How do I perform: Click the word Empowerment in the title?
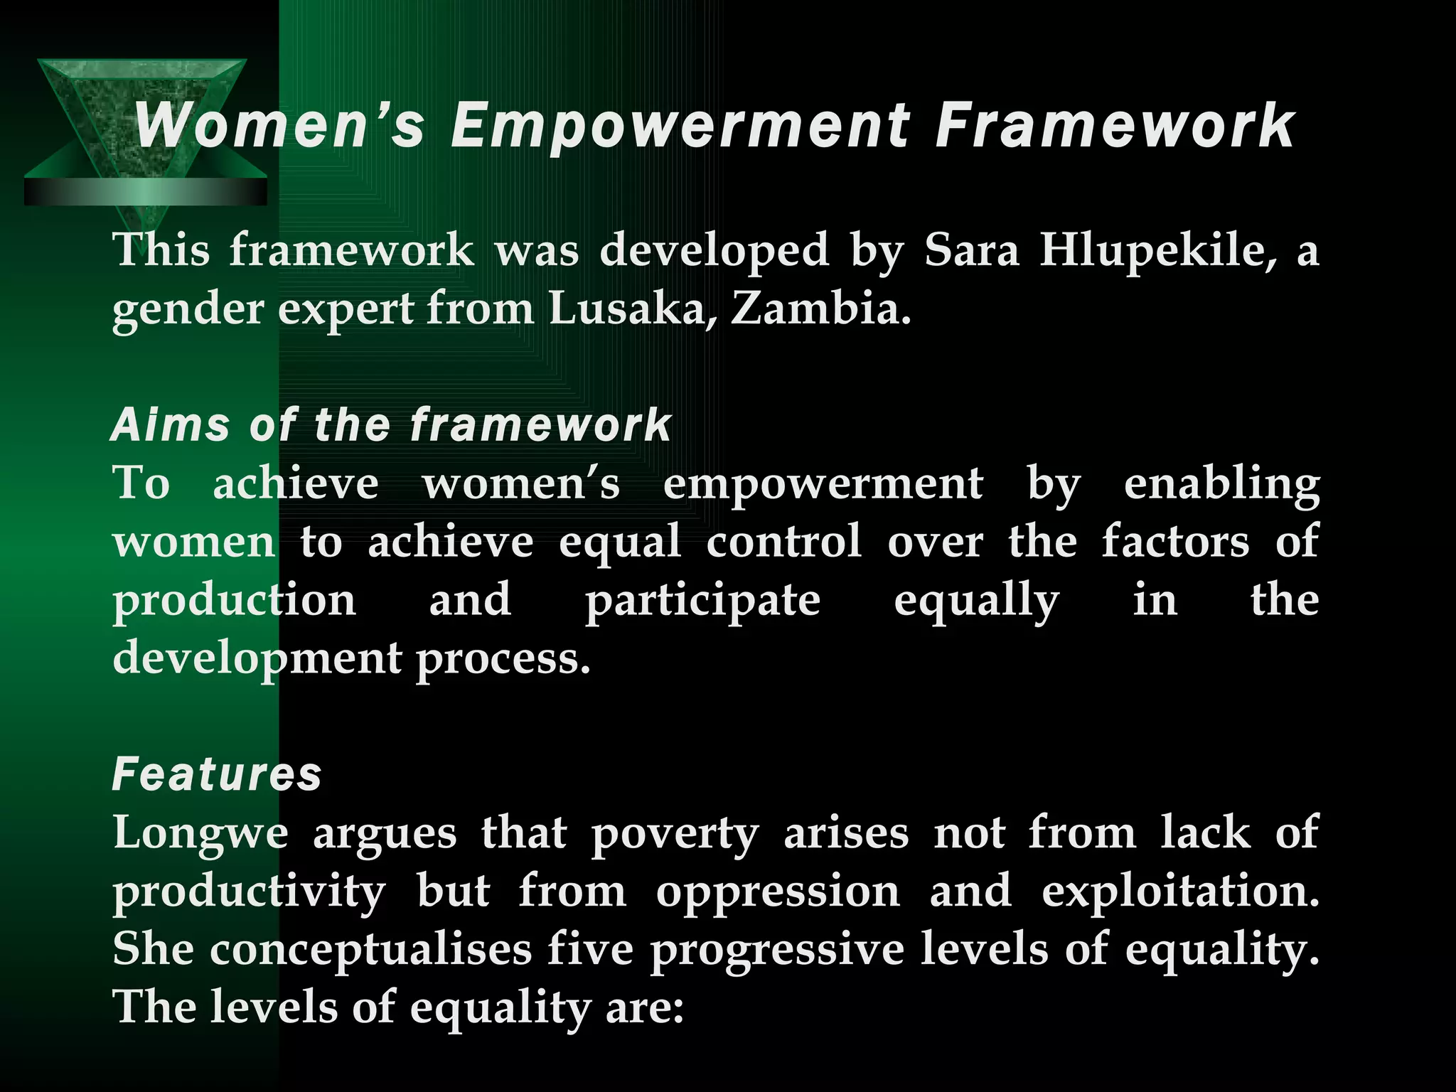click(x=680, y=127)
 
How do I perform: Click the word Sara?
click(x=971, y=251)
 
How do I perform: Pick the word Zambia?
click(x=820, y=310)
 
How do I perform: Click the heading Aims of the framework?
click(x=391, y=425)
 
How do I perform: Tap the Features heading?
click(x=217, y=774)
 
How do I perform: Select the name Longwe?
click(x=200, y=833)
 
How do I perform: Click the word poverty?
click(x=675, y=833)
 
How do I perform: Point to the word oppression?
click(x=778, y=892)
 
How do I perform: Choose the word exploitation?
click(x=1180, y=892)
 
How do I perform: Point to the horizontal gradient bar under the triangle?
click(x=145, y=191)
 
